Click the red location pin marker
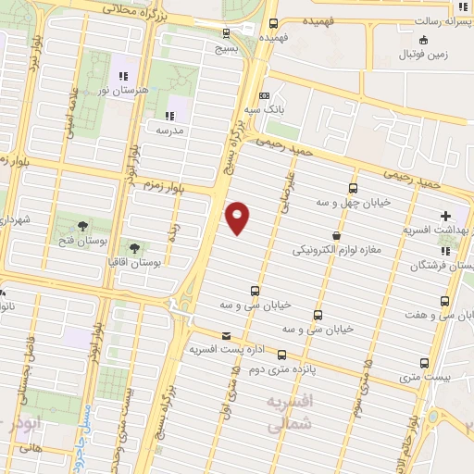point(238,218)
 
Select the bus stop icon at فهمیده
point(272,25)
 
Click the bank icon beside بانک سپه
point(266,95)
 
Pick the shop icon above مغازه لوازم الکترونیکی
point(335,236)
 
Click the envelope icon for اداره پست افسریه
point(227,336)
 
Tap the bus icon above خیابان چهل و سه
point(353,189)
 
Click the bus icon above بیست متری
point(425,363)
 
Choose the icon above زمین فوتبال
point(424,39)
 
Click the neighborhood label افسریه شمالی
point(291,414)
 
